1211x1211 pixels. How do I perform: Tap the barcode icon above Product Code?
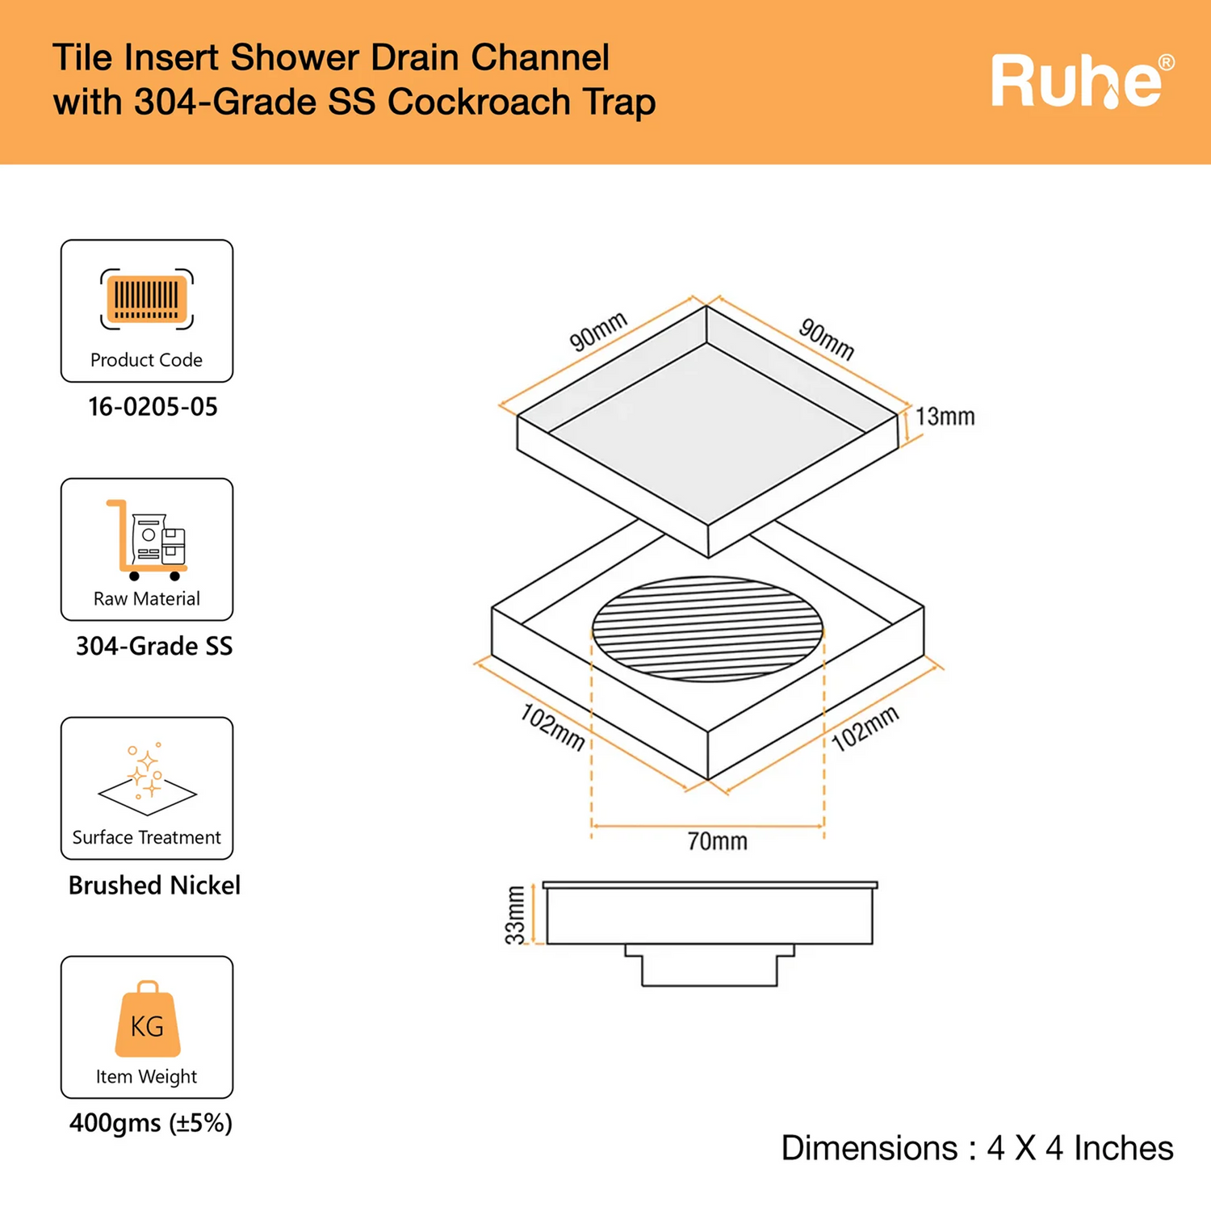[x=147, y=299]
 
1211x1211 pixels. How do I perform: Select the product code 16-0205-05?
[x=153, y=407]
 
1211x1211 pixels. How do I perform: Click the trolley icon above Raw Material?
[x=147, y=539]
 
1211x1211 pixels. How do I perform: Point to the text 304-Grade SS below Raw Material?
[x=153, y=646]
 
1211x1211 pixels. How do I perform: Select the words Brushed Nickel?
[x=154, y=886]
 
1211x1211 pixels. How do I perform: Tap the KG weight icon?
[x=147, y=1020]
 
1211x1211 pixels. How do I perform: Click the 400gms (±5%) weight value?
[x=151, y=1123]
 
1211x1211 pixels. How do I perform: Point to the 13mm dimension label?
[x=945, y=417]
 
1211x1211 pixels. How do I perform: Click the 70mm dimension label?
[x=717, y=842]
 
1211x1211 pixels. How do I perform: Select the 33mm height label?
[x=515, y=914]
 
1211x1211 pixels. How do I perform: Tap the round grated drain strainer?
[x=707, y=628]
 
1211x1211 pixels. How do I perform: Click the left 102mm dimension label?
[x=552, y=727]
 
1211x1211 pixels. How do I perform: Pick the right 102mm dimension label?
[x=865, y=728]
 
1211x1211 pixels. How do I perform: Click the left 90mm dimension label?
[x=598, y=332]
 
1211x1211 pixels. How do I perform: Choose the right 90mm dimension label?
[x=826, y=339]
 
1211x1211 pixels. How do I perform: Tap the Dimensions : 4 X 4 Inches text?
[x=977, y=1148]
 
